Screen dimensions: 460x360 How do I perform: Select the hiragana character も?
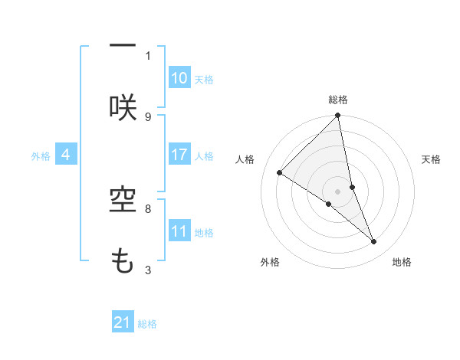tap(123, 262)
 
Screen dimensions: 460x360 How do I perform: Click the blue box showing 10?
tap(179, 77)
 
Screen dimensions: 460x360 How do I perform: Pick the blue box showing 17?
tap(179, 154)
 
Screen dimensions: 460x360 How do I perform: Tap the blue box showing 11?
tap(179, 231)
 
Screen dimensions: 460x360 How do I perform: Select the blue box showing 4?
tap(66, 154)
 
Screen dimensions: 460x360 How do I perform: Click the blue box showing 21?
tap(123, 322)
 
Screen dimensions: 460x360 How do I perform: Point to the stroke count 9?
tap(148, 116)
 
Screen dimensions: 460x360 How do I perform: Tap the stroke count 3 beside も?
tap(148, 270)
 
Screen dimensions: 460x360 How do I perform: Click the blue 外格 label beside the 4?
tap(41, 155)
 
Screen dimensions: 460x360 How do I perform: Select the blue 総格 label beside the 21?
tap(147, 324)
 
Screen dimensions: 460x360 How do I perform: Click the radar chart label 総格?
tap(338, 100)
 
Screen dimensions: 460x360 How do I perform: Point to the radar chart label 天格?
tap(432, 159)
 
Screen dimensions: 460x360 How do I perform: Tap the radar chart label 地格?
tap(402, 262)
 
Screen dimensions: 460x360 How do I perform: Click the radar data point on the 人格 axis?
tap(280, 173)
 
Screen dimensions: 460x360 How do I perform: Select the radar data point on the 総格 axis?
tap(338, 116)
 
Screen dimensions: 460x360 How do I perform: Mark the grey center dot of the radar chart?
tap(338, 191)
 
